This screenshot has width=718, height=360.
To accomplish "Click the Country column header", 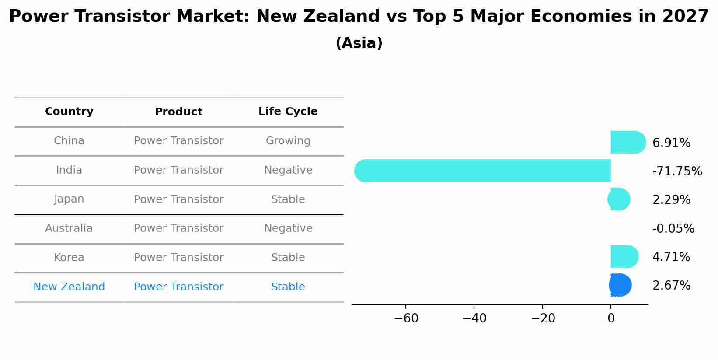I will (69, 112).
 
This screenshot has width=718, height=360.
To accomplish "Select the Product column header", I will (178, 112).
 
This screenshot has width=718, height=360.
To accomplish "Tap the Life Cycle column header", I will (288, 112).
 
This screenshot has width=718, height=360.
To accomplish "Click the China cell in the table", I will (69, 141).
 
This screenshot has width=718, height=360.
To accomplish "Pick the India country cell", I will (69, 170).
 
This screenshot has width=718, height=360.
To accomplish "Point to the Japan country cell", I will (69, 199).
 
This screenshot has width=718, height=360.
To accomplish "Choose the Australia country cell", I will (69, 228).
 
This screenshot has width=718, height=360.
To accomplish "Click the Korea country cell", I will (69, 258).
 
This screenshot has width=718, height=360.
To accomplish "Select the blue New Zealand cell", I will (69, 287).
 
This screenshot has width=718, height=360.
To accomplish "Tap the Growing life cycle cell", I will (288, 141).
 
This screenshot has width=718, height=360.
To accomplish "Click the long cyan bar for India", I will (481, 171).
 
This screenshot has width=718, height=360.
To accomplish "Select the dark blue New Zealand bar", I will (620, 285).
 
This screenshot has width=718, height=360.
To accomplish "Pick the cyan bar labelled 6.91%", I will (627, 142).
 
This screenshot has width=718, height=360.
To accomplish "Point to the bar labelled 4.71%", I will (624, 256).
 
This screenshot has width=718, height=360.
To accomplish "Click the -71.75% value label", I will (677, 171).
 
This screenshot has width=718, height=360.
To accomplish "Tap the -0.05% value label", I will (673, 229).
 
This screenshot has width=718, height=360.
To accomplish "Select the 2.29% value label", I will (671, 200).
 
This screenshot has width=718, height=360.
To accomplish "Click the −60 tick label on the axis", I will (406, 318).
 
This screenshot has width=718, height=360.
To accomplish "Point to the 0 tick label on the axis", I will (611, 318).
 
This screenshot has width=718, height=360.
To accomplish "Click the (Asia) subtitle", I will (359, 43).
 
